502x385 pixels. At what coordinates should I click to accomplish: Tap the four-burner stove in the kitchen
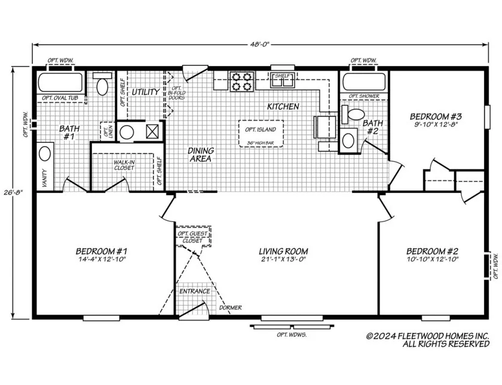click(241, 81)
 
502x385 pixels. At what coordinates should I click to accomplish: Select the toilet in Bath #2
click(356, 113)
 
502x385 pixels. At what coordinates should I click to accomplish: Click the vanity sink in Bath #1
click(45, 154)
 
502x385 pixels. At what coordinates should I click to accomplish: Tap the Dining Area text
click(201, 155)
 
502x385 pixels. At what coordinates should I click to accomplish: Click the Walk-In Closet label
click(124, 165)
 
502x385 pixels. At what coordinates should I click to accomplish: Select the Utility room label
click(145, 92)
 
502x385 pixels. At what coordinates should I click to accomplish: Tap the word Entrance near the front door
click(195, 291)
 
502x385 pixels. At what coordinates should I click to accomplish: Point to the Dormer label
click(230, 308)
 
